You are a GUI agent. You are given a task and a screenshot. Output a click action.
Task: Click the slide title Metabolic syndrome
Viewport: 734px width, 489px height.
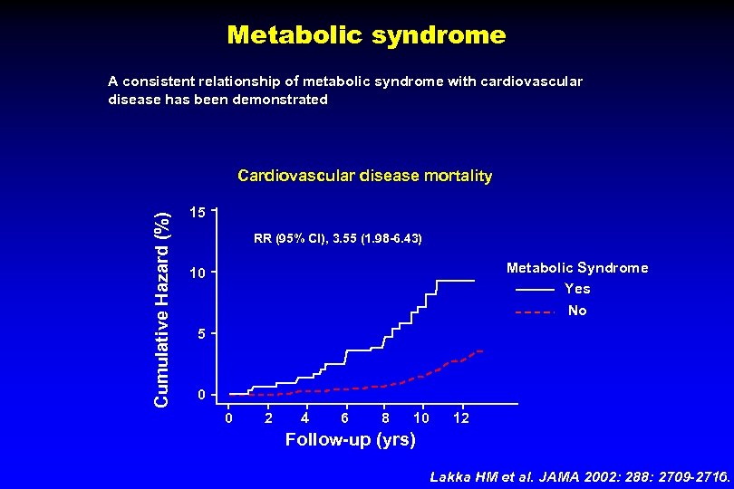click(x=366, y=35)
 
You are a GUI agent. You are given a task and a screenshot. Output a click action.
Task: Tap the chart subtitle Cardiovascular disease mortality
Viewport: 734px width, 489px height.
click(x=364, y=176)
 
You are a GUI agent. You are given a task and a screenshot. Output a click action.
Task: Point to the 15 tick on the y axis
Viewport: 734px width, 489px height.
click(x=198, y=212)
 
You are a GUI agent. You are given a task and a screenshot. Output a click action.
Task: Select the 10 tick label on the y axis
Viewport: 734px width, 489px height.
click(x=198, y=273)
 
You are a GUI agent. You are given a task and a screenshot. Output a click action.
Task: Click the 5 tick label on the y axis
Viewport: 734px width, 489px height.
click(x=201, y=335)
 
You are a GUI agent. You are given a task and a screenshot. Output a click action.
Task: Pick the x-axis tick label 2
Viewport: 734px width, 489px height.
click(x=267, y=417)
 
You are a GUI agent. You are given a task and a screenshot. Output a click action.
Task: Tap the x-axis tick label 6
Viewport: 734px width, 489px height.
click(x=344, y=417)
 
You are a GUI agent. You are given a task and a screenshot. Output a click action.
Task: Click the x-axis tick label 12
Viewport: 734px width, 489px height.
click(x=461, y=417)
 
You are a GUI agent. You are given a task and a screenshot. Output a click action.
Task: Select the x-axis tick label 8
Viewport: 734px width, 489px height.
click(x=385, y=417)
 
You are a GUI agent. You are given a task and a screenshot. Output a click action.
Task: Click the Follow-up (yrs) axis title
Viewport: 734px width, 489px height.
click(x=351, y=440)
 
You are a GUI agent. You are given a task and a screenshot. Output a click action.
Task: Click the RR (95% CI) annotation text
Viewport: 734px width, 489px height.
click(x=338, y=239)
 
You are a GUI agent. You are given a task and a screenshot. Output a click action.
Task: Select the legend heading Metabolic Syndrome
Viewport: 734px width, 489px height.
click(x=577, y=268)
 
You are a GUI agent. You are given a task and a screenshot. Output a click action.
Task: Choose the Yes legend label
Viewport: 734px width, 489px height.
click(x=577, y=289)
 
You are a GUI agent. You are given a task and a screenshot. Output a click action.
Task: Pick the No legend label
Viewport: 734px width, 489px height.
click(x=577, y=311)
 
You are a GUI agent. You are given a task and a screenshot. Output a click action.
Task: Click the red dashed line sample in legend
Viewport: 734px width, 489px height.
click(x=535, y=312)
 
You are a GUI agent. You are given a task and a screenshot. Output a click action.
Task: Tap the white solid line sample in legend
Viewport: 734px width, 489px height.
click(x=535, y=290)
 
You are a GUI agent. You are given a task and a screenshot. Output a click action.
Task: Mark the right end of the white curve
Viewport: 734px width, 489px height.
click(x=474, y=281)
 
